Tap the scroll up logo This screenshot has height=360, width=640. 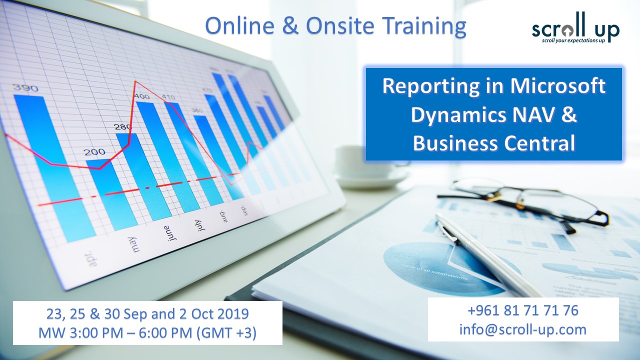point(575,32)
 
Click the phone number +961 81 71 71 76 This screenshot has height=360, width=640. point(523,310)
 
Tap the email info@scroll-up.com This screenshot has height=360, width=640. point(523,329)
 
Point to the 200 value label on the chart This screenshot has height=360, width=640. point(94,151)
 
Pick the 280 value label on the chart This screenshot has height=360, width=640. point(123,127)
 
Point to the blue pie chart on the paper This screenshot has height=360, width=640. point(430,265)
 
